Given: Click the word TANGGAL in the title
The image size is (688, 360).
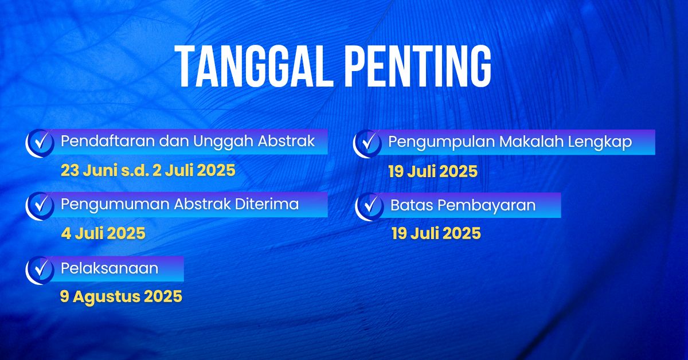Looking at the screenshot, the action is point(253,66).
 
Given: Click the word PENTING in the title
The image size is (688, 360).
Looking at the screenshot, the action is point(418,66).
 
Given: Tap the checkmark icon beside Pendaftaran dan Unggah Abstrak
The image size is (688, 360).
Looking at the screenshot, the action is point(40,143).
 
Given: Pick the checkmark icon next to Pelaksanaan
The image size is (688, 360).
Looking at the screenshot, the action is point(40,271).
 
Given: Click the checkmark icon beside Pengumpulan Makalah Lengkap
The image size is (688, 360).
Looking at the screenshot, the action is point(368,144).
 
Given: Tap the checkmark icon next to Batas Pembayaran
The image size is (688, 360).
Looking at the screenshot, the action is point(369,207).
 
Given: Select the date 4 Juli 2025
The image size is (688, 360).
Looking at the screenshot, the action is point(103,233).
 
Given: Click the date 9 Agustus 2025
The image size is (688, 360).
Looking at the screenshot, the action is point(121,297).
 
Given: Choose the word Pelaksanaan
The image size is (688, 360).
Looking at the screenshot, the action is point(110,268).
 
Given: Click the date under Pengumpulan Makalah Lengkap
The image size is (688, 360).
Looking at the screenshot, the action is point(433,171).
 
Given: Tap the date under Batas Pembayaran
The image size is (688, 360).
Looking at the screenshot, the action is point(436,233).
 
